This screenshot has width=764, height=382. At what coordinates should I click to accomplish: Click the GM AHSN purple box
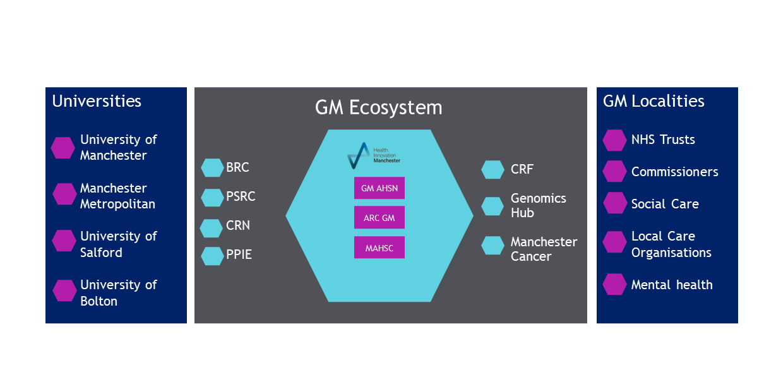coord(379,188)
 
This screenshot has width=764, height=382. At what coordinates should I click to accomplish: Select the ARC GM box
coord(379,218)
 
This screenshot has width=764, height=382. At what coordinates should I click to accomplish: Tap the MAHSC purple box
coord(379,248)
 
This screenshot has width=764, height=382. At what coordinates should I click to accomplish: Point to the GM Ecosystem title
coord(378,108)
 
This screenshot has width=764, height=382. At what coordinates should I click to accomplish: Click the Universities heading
coord(97,101)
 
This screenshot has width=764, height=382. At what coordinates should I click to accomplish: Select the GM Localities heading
coord(654,101)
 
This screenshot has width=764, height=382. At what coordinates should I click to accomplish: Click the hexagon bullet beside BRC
coord(212,168)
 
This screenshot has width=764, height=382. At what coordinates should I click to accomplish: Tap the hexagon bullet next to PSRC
coord(212,197)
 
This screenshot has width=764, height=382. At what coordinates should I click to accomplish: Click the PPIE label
coord(239,255)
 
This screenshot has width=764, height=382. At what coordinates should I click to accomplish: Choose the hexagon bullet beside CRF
coord(492,170)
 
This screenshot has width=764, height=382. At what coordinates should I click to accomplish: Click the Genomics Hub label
coord(538,205)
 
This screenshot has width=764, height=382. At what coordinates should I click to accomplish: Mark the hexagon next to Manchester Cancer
coord(492,246)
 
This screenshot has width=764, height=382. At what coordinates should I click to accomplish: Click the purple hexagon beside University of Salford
coord(64,241)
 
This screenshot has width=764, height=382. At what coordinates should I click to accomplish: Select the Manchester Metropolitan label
coord(117,196)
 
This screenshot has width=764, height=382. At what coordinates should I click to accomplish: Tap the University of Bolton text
coord(118,293)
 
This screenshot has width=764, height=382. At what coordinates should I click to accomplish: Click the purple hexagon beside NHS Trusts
coord(614,140)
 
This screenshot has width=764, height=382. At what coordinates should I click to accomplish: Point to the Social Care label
coord(665,204)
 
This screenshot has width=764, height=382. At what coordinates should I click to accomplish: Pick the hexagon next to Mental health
coord(614,284)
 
